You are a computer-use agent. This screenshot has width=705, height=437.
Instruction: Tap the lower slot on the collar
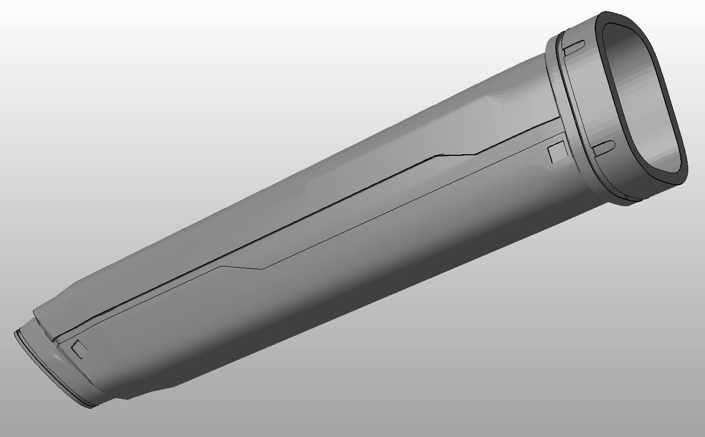pyautogui.click(x=604, y=146)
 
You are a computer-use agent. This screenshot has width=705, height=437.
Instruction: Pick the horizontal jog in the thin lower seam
pyautogui.click(x=242, y=268)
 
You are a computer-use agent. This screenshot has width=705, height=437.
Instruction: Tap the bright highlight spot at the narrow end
pyautogui.click(x=55, y=362)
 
